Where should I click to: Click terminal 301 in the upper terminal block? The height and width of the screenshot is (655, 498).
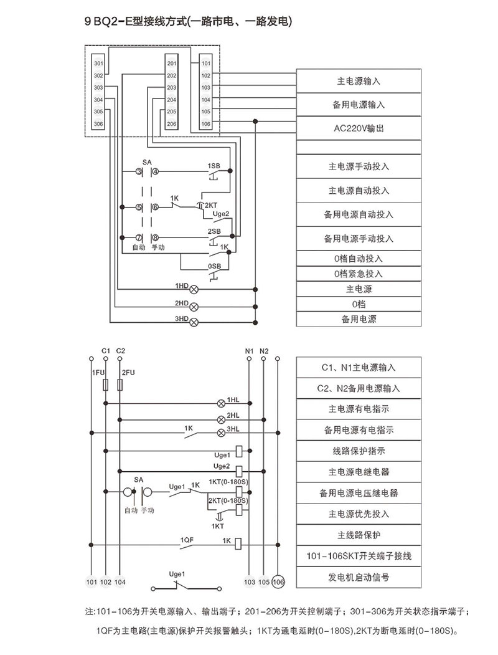[98, 64]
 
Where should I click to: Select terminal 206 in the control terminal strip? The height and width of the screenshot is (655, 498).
[172, 124]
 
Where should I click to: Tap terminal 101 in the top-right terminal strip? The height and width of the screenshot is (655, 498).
[206, 64]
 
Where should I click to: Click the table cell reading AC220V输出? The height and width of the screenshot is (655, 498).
[358, 128]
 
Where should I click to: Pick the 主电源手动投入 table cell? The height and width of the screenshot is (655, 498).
[358, 167]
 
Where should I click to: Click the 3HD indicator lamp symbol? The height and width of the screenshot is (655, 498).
[194, 322]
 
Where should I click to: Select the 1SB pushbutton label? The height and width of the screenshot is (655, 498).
[213, 166]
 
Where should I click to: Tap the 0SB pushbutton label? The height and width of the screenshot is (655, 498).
[214, 266]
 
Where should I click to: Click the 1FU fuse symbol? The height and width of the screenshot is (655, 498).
[106, 386]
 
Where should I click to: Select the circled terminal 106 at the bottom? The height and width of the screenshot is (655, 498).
[278, 582]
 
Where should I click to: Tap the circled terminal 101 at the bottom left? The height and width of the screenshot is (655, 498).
[92, 582]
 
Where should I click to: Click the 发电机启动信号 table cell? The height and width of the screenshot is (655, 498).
[359, 577]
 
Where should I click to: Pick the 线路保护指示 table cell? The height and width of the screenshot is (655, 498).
[359, 452]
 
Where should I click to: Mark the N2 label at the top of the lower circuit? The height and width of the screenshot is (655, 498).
[264, 350]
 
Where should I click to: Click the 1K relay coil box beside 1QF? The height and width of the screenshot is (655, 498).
[238, 543]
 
